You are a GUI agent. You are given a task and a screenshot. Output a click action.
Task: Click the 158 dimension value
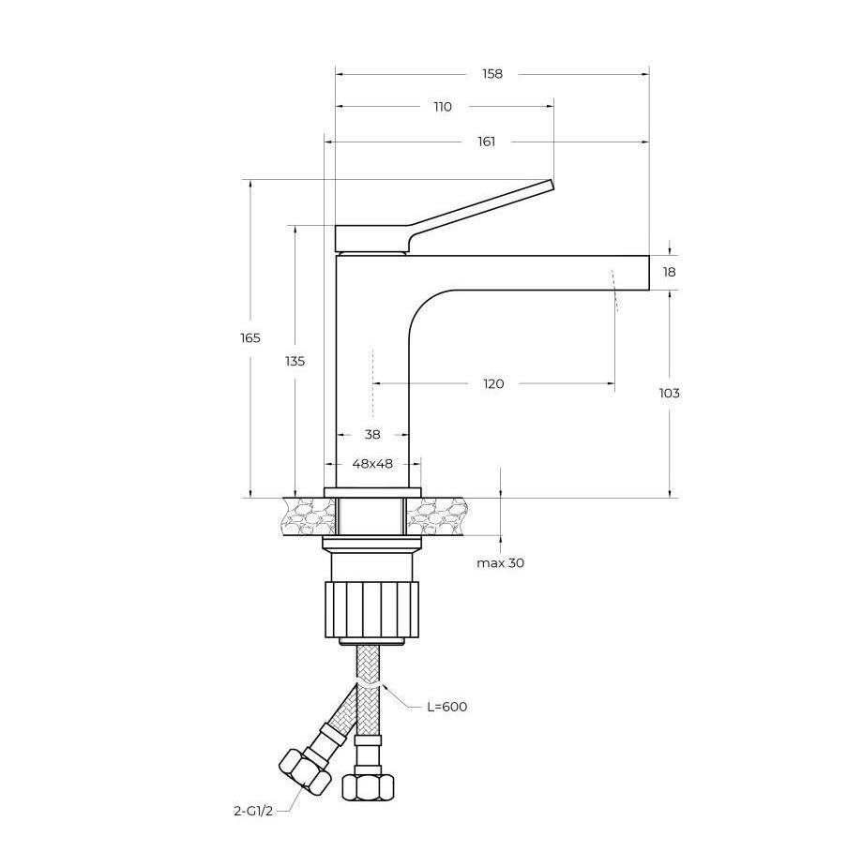pos(491,74)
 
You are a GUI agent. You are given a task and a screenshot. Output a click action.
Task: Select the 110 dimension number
pos(443,107)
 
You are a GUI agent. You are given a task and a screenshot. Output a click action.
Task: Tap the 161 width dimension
pos(486,142)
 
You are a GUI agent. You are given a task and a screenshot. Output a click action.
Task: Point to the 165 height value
pos(250,338)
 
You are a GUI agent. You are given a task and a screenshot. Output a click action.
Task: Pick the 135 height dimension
pos(295,361)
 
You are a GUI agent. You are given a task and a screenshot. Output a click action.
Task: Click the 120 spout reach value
pos(493,384)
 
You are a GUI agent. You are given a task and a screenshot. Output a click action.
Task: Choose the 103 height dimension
pos(669,394)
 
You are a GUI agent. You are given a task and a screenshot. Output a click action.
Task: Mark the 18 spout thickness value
pos(669,272)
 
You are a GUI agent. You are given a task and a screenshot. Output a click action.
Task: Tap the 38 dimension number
pos(372,435)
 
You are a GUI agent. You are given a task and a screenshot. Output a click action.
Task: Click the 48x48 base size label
pos(372,464)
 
